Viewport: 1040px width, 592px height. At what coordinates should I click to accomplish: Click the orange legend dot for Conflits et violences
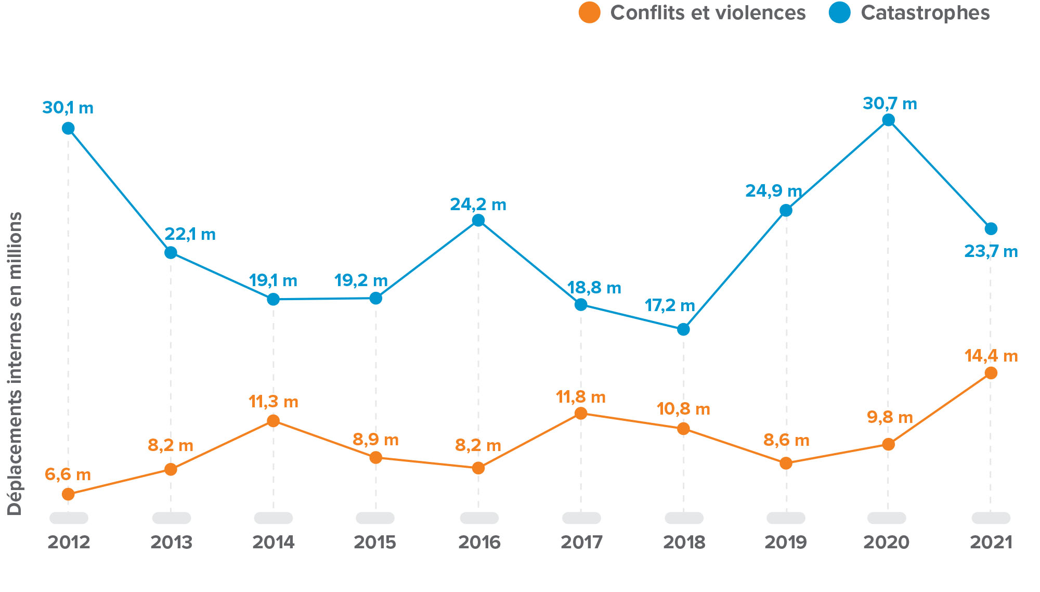point(589,12)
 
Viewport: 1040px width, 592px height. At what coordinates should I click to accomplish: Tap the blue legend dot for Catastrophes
point(839,12)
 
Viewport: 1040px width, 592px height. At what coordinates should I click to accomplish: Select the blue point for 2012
point(68,128)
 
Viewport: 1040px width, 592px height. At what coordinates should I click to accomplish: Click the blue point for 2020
point(888,120)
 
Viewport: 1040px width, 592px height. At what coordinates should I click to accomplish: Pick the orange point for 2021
point(991,372)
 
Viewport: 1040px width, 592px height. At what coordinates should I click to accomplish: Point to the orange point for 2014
point(273,420)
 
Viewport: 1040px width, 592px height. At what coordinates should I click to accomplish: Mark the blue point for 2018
point(683,329)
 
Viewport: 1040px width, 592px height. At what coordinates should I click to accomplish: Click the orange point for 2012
point(68,494)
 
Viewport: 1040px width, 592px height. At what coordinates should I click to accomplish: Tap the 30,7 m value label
point(890,104)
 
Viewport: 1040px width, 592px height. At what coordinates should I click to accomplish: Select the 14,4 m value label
point(991,356)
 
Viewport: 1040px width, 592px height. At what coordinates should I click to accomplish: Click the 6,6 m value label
point(68,475)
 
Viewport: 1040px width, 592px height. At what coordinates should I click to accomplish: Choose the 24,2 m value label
point(478,205)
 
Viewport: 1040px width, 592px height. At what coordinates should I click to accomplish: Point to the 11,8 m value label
point(580,397)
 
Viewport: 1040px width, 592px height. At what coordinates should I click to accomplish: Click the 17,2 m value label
point(670,305)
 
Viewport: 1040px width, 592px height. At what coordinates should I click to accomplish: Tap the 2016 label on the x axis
point(479,543)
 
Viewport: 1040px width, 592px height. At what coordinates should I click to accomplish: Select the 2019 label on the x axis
point(785,543)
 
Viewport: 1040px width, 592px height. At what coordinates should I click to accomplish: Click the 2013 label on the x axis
point(171,543)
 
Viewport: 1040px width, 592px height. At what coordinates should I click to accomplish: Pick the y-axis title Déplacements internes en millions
point(15,363)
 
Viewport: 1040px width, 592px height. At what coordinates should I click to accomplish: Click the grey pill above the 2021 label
point(991,518)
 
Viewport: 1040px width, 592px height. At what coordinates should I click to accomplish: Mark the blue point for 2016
point(478,220)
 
